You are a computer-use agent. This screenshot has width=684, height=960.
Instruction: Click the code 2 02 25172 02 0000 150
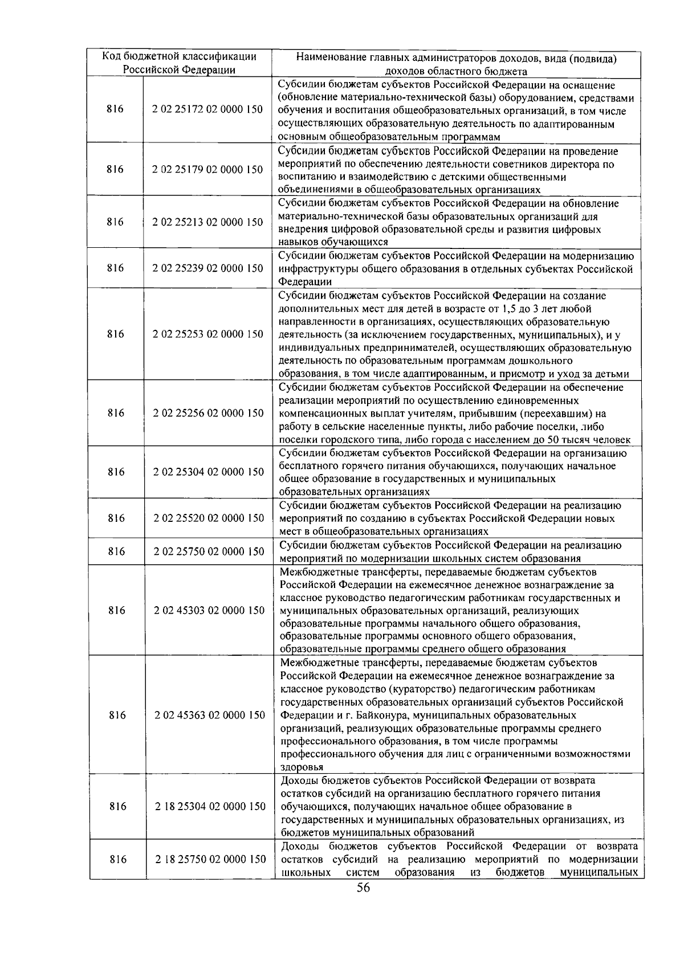pyautogui.click(x=207, y=109)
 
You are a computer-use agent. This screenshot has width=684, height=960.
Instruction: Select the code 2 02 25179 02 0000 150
pyautogui.click(x=207, y=170)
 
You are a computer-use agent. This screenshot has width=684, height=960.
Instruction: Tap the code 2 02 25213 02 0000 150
pyautogui.click(x=207, y=222)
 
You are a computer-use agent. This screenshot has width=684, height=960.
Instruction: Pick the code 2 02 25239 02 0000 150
pyautogui.click(x=207, y=268)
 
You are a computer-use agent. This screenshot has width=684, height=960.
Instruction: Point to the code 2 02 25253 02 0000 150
pyautogui.click(x=208, y=334)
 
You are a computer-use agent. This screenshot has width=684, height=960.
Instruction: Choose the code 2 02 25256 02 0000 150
pyautogui.click(x=208, y=413)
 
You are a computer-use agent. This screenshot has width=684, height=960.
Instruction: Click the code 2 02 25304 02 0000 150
pyautogui.click(x=209, y=472)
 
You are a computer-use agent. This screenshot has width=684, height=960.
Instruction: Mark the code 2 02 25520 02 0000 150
pyautogui.click(x=209, y=518)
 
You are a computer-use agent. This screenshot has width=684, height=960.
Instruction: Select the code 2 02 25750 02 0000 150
pyautogui.click(x=209, y=552)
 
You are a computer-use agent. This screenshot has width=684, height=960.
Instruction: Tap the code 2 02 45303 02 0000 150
pyautogui.click(x=209, y=610)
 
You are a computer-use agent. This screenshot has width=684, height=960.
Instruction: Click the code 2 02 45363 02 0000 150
pyautogui.click(x=209, y=715)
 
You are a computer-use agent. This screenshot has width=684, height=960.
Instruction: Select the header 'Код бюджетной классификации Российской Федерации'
pyautogui.click(x=179, y=63)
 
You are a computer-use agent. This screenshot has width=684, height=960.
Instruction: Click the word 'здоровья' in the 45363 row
pyautogui.click(x=302, y=767)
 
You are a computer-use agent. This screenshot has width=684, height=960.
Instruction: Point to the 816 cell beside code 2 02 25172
pyautogui.click(x=115, y=109)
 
